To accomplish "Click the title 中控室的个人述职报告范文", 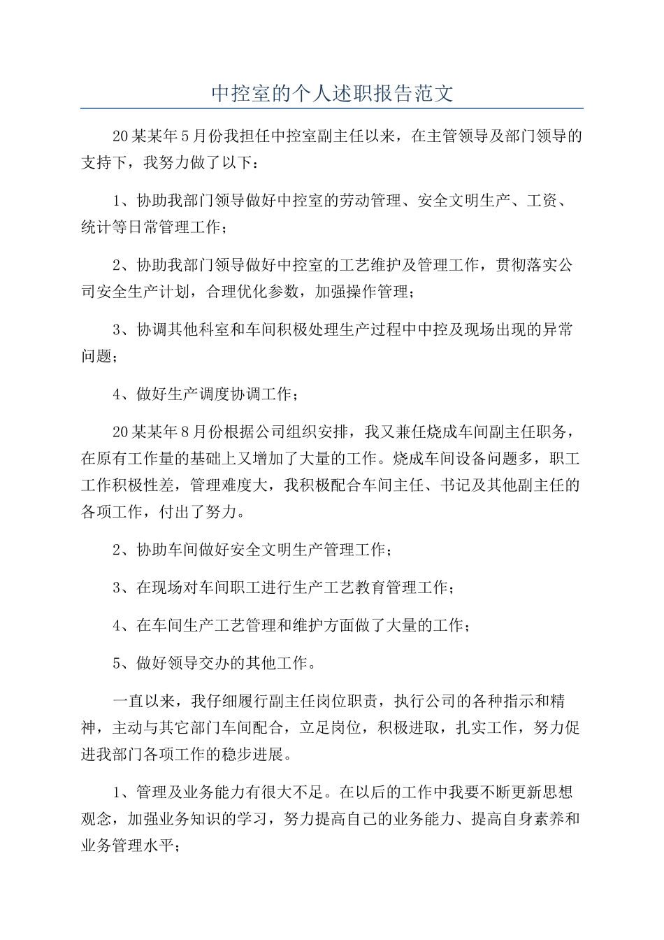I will (332, 94).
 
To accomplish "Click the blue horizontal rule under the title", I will (332, 109).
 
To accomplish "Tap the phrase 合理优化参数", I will (252, 292).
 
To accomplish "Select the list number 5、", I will (122, 663).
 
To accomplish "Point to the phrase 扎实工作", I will (487, 728).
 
